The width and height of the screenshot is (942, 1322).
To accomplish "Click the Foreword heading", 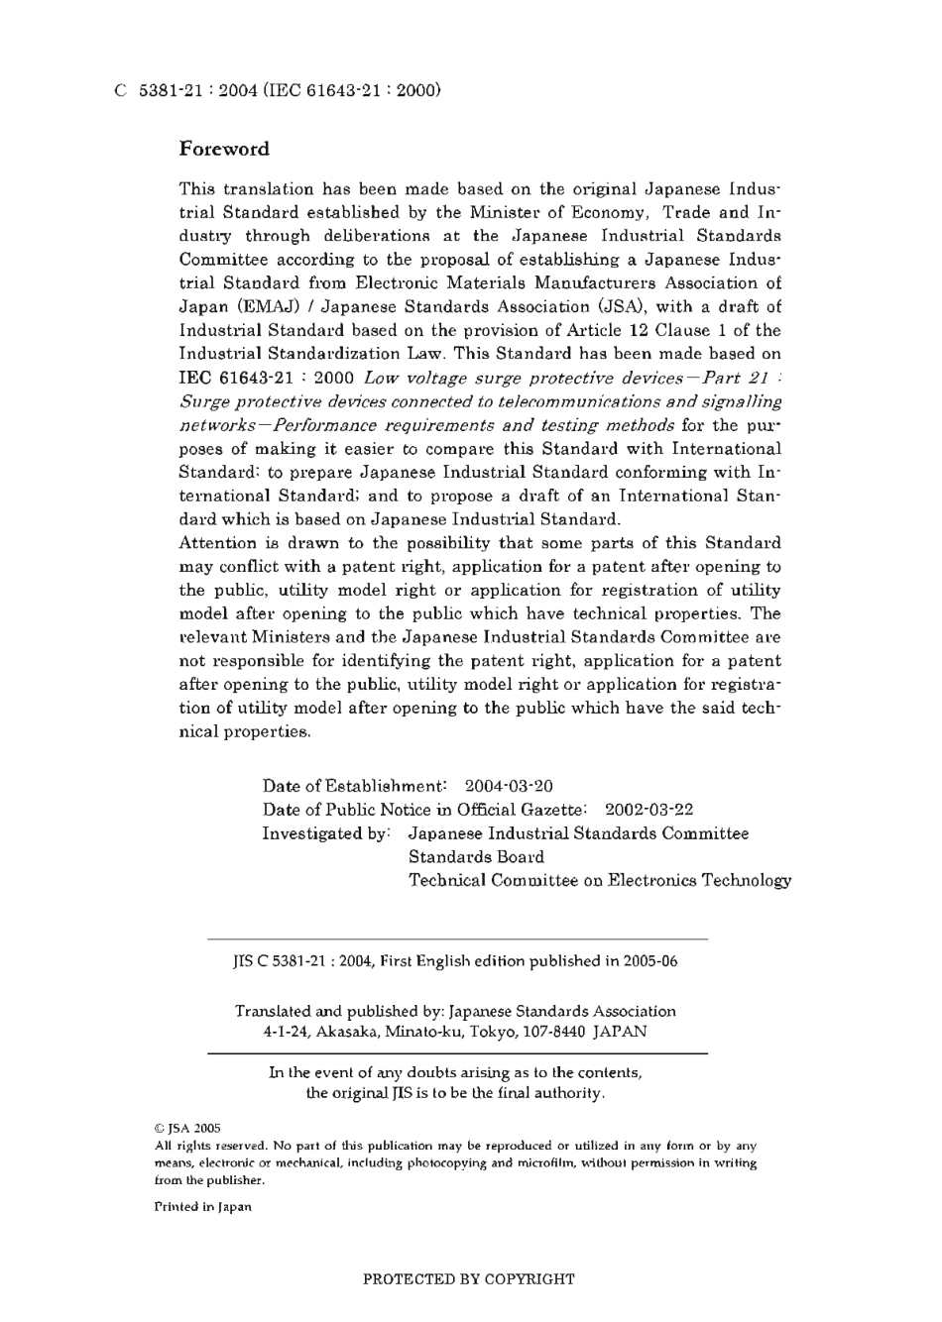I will pyautogui.click(x=224, y=150).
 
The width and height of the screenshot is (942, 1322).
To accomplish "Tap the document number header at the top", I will pyautogui.click(x=277, y=90).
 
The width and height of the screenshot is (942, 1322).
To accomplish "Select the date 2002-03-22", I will pyautogui.click(x=648, y=810).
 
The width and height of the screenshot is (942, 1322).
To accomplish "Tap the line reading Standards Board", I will pyautogui.click(x=476, y=857).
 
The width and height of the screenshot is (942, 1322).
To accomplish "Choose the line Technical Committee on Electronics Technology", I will pyautogui.click(x=600, y=880).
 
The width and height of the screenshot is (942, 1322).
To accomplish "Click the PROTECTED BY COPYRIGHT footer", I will pyautogui.click(x=469, y=1279).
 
